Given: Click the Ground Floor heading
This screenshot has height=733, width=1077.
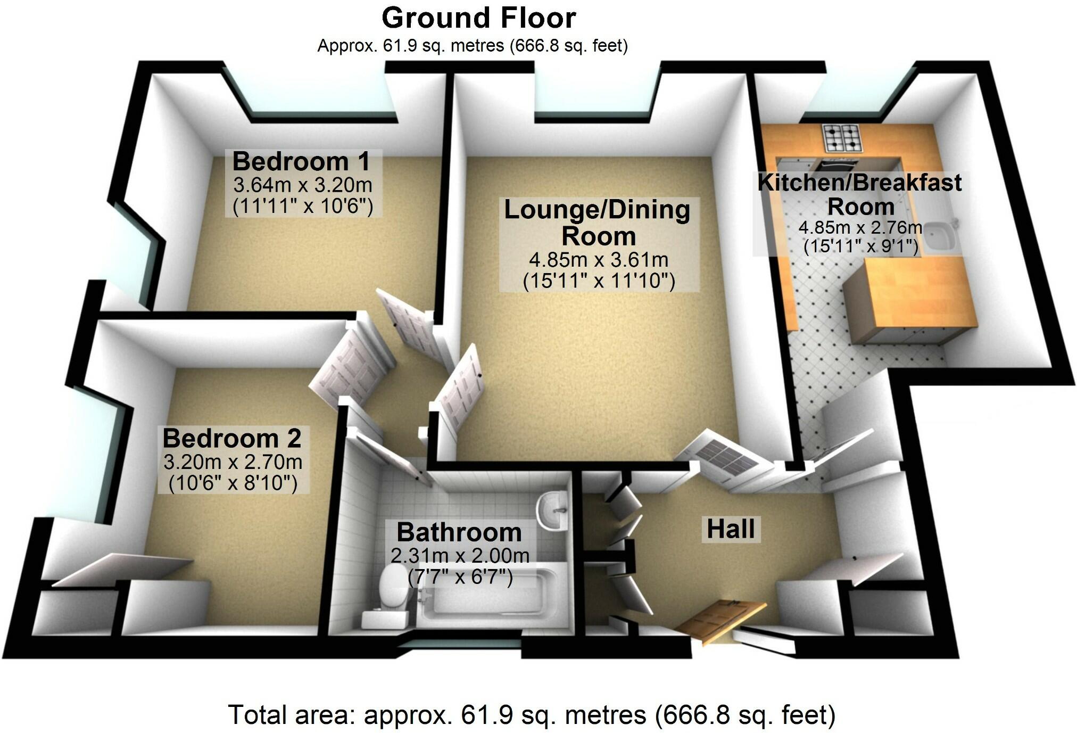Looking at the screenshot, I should pyautogui.click(x=478, y=19).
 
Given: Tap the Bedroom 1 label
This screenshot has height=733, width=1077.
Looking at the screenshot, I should pyautogui.click(x=301, y=161).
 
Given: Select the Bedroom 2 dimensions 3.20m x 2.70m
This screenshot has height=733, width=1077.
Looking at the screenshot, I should pyautogui.click(x=233, y=462).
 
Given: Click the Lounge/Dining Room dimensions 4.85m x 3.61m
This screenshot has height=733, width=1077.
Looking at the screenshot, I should pyautogui.click(x=599, y=260).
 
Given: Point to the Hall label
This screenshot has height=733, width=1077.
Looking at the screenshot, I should pyautogui.click(x=730, y=529).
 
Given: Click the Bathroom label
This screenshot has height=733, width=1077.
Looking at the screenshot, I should pyautogui.click(x=459, y=532).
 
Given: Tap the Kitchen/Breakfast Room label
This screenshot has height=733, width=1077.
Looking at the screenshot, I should pyautogui.click(x=859, y=194).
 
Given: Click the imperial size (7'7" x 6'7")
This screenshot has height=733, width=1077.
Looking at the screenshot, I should pyautogui.click(x=460, y=577).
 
